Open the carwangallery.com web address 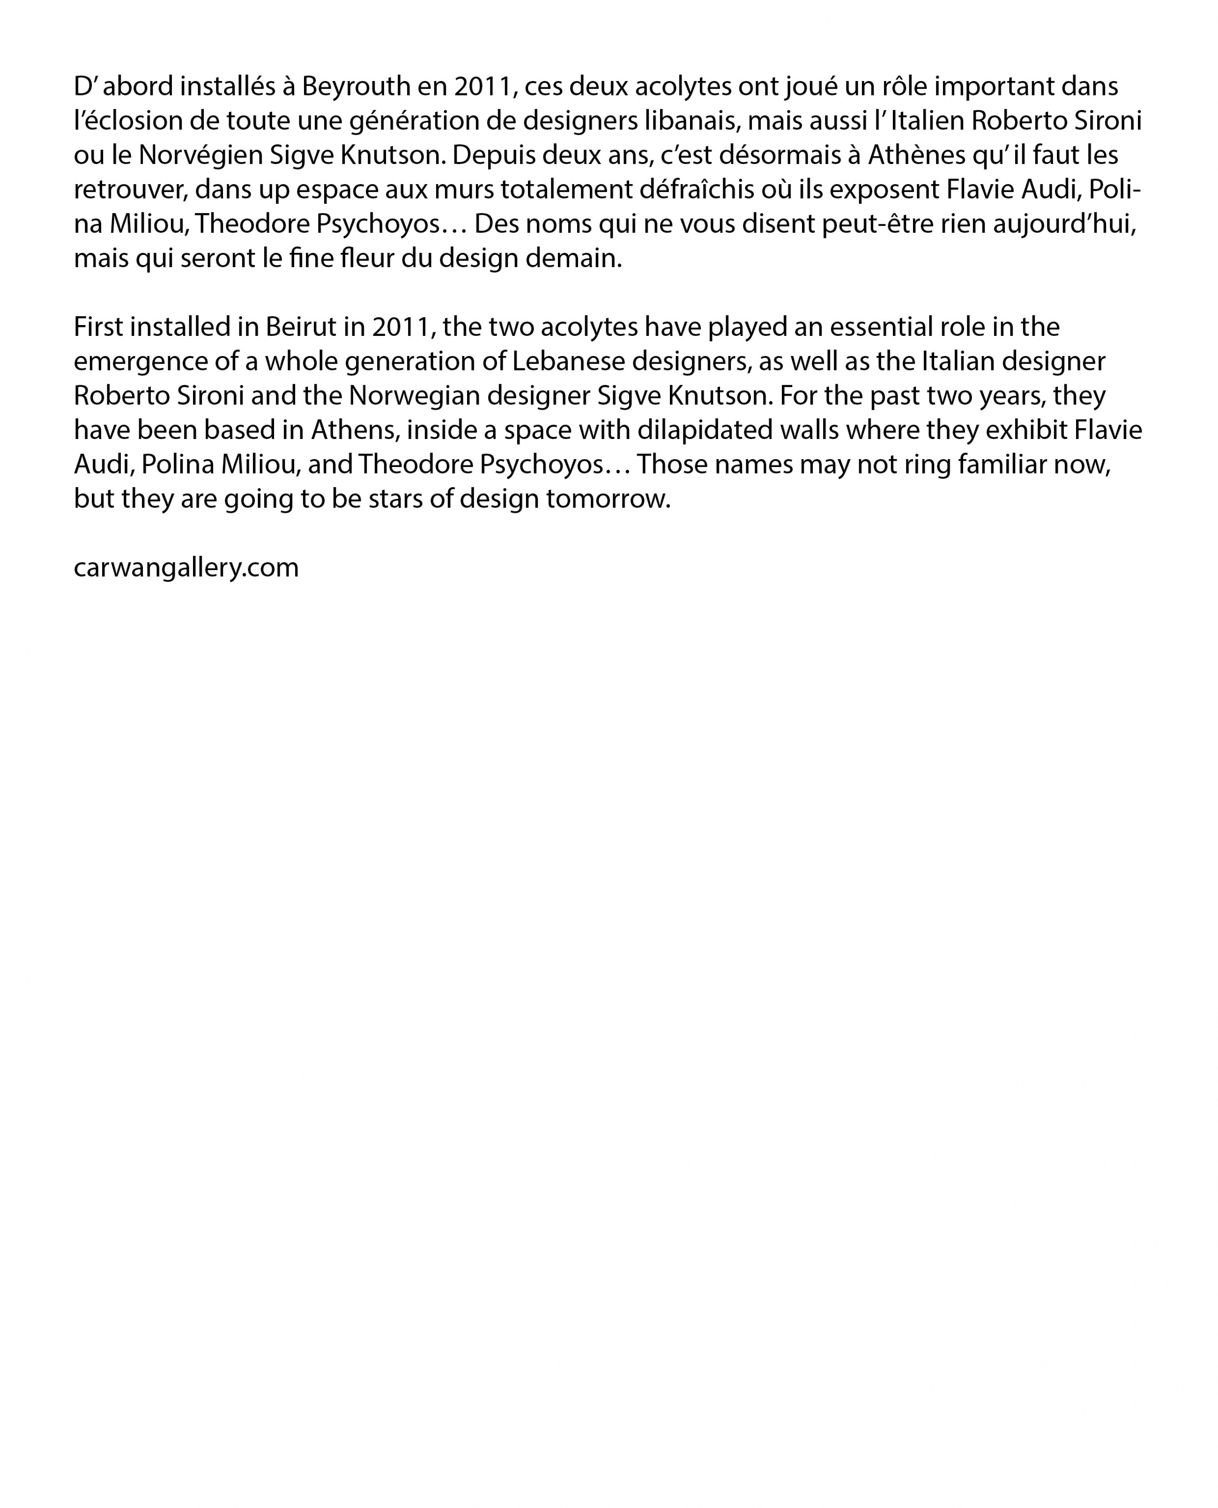click(186, 568)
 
